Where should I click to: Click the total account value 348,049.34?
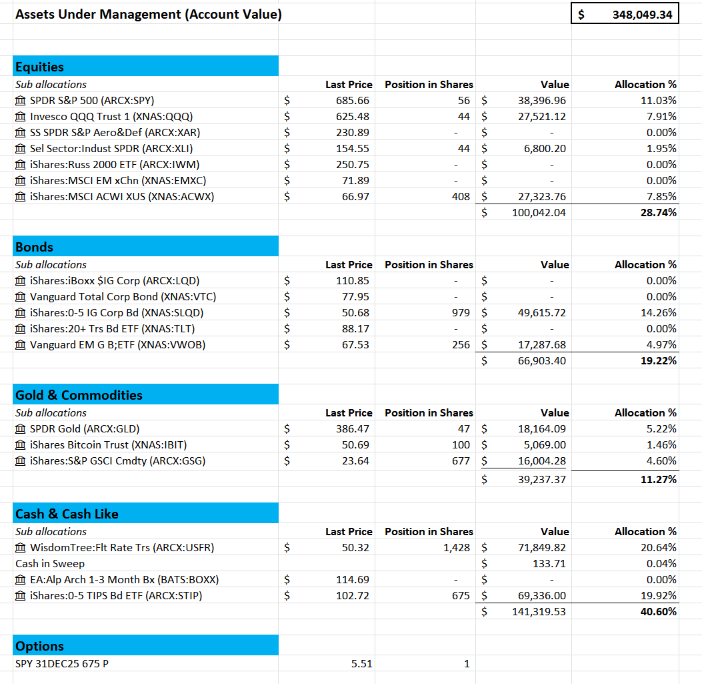tap(642, 14)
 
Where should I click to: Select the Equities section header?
tap(40, 67)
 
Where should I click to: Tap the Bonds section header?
tap(34, 247)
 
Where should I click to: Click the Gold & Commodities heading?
tap(79, 395)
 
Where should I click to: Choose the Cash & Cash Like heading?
tap(67, 514)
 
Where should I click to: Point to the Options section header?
tap(39, 646)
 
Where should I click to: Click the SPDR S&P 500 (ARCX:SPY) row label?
tap(91, 101)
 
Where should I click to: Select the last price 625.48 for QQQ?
tap(353, 117)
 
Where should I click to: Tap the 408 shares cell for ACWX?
tap(461, 197)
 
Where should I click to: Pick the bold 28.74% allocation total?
tap(658, 213)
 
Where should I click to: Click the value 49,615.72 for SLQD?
tap(541, 313)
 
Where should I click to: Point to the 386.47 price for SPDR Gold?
tap(353, 429)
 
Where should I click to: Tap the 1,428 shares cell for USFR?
tap(456, 548)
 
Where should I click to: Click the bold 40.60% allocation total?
tap(658, 612)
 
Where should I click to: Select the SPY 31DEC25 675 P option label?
tap(62, 664)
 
